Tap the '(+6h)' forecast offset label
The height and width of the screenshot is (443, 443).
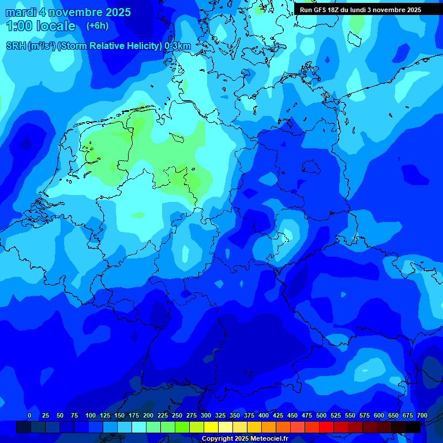(97, 26)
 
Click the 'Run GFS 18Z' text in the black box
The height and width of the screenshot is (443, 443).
(319, 10)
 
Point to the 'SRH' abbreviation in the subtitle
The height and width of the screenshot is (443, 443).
(16, 46)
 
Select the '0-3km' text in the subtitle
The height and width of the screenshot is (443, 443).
(178, 46)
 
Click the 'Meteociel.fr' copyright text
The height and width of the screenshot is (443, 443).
(261, 439)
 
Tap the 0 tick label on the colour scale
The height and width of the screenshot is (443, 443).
(29, 416)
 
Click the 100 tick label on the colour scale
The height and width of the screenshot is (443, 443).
(91, 416)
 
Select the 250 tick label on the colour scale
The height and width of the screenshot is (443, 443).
(177, 416)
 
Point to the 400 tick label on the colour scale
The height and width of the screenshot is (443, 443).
(264, 416)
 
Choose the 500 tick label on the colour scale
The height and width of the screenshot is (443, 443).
(321, 416)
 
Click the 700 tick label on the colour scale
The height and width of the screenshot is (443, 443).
(422, 416)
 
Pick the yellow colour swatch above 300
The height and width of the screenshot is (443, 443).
(211, 427)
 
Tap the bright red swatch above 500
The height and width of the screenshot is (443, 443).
(326, 427)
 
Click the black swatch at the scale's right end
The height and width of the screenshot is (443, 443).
(413, 427)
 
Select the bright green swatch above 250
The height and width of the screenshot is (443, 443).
(182, 427)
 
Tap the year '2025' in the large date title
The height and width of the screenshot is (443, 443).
(115, 12)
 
